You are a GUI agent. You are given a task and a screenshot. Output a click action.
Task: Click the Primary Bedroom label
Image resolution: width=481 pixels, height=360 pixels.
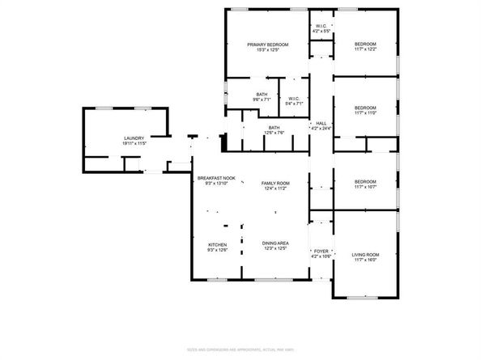click(267, 44)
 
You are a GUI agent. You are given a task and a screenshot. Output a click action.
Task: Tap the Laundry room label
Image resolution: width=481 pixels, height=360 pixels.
click(134, 138)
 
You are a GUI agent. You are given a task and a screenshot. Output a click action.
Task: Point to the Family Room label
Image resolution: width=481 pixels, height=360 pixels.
click(275, 184)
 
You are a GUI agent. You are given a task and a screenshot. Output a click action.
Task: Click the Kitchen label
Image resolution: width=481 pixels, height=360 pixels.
click(218, 245)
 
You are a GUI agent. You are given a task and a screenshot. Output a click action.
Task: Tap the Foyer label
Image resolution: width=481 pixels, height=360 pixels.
click(321, 251)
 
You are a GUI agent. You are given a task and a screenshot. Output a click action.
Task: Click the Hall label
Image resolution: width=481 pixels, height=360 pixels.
click(321, 123)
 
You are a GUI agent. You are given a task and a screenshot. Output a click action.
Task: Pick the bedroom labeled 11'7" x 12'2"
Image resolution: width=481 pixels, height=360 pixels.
click(365, 47)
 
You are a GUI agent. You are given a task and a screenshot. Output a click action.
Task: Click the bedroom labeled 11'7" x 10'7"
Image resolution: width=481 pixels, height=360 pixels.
click(365, 184)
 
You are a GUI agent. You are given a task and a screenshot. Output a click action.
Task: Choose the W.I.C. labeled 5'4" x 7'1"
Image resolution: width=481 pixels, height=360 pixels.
click(294, 99)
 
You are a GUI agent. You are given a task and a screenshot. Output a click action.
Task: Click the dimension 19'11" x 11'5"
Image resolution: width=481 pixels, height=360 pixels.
click(134, 143)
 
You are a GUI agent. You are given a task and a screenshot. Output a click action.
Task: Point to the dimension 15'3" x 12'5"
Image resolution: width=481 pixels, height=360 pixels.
click(267, 50)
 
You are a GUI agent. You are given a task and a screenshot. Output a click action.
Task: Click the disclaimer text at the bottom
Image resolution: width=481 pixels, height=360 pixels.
click(240, 349)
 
